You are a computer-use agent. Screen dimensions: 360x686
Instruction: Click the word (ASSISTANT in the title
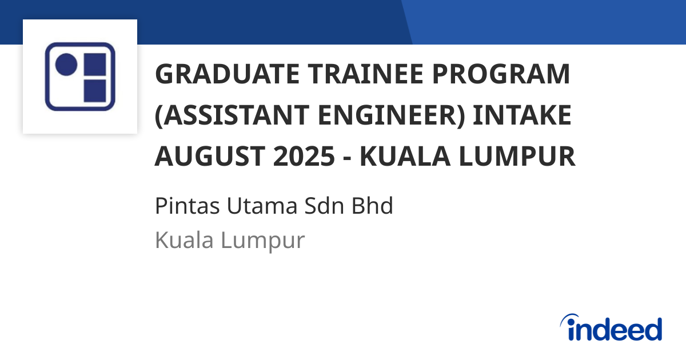pyautogui.click(x=220, y=116)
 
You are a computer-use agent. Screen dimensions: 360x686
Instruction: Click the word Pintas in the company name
pyautogui.click(x=180, y=206)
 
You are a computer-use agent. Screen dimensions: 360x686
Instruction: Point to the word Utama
pyautogui.click(x=248, y=206)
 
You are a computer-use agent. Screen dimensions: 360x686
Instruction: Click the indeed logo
pyautogui.click(x=611, y=329)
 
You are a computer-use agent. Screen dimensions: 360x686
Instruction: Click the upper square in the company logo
pyautogui.click(x=94, y=65)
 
